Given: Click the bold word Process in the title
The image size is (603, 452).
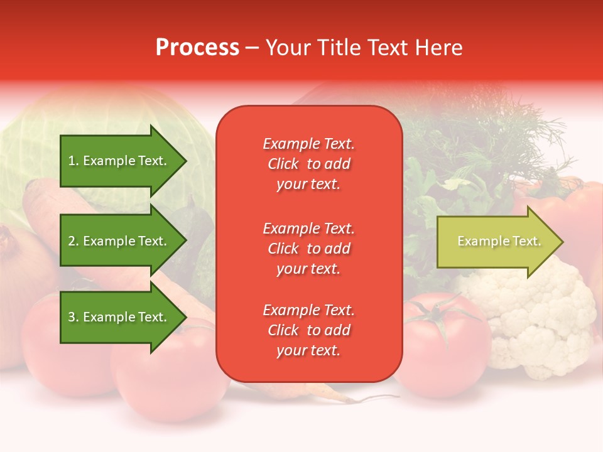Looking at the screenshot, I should click(197, 48).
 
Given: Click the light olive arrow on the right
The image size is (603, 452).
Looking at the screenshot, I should click(496, 242).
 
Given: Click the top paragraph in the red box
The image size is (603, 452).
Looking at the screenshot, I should click(308, 164).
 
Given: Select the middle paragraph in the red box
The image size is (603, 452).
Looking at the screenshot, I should click(308, 249).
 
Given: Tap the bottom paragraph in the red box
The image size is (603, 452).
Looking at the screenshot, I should click(308, 330).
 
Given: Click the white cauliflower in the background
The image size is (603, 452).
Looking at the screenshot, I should click(534, 314).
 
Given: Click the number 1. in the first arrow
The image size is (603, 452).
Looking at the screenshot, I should click(73, 161).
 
